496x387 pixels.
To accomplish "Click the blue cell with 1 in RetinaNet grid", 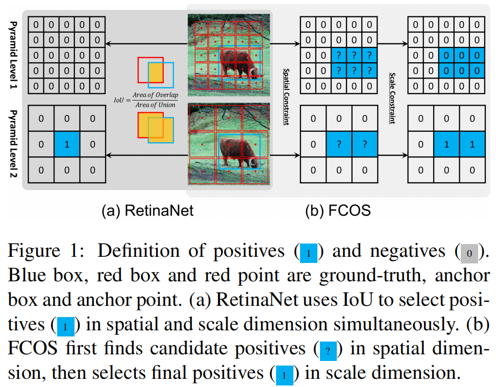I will [67, 144].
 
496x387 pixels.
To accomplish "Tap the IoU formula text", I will [146, 100].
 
